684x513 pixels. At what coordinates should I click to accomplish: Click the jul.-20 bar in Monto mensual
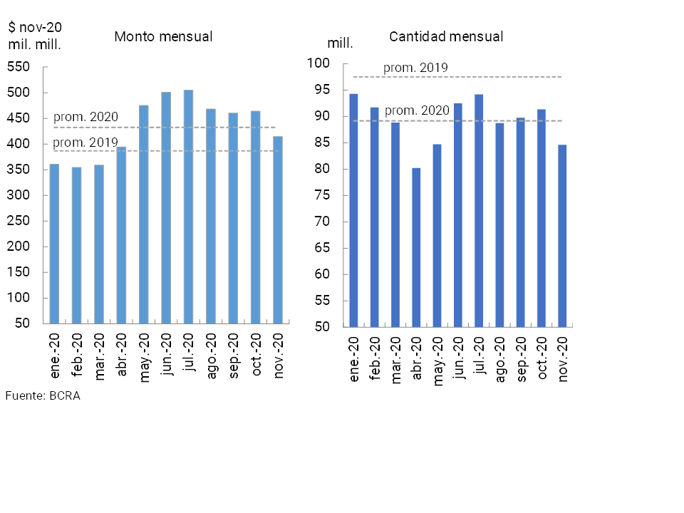(188, 207)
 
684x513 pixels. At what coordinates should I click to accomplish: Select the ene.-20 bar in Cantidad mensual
(353, 210)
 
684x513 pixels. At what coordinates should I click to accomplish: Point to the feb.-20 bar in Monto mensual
(76, 245)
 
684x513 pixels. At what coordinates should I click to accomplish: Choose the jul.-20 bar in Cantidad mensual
(479, 210)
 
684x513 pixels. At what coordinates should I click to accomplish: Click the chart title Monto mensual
(163, 36)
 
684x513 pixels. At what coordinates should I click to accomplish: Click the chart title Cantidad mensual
(446, 36)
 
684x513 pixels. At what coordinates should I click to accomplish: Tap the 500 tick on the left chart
(19, 93)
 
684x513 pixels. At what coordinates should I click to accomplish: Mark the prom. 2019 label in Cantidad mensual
(415, 68)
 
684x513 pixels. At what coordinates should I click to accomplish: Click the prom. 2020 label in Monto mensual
(85, 118)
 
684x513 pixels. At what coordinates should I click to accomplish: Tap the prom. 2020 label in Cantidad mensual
(417, 110)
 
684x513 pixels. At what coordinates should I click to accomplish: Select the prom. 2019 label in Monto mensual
(85, 142)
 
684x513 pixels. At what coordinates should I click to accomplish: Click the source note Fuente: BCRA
(43, 396)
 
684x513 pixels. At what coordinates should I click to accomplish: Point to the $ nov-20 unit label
(35, 28)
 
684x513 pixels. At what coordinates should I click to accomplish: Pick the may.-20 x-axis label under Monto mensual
(144, 354)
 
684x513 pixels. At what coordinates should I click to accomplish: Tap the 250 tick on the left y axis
(19, 221)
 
